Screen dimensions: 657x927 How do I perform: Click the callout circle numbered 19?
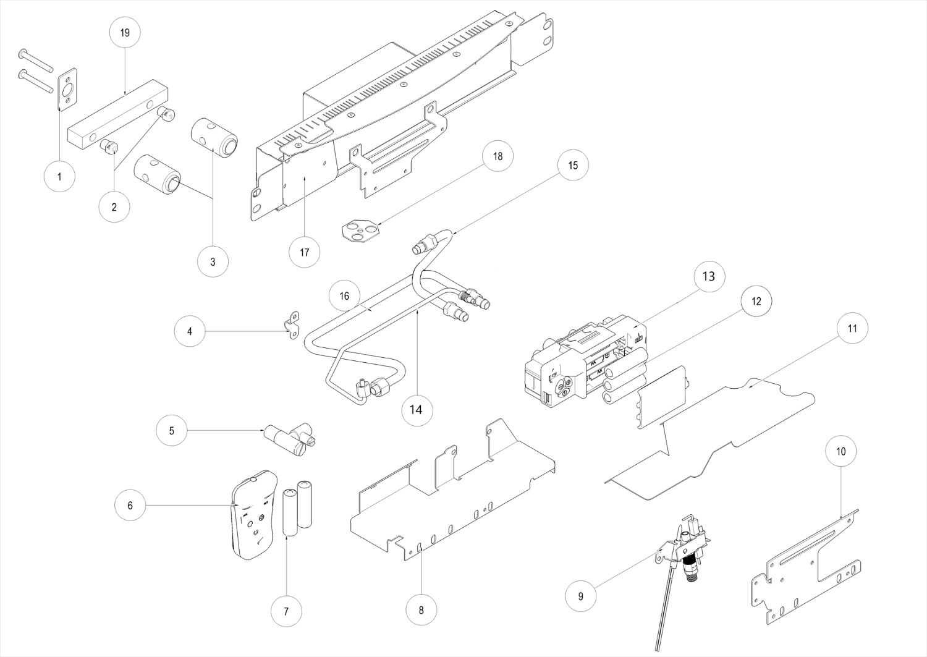[125, 32]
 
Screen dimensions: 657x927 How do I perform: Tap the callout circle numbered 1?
[59, 176]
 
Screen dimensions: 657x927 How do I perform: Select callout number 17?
[304, 252]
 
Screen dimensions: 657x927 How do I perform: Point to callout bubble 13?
[709, 276]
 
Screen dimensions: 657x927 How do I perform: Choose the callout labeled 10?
[841, 452]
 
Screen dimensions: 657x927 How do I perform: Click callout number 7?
[286, 612]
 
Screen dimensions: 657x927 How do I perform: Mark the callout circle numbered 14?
[416, 409]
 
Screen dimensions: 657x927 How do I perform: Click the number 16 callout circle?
[344, 296]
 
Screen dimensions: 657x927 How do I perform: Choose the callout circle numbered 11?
[852, 329]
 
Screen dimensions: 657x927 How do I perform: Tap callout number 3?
[213, 261]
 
